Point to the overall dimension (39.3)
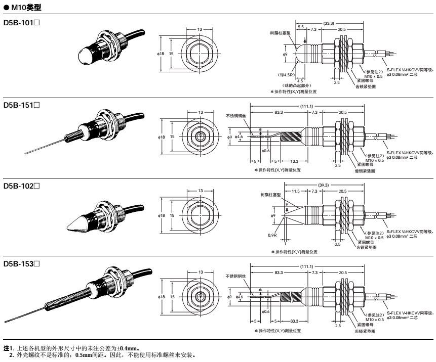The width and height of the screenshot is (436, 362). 324,185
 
